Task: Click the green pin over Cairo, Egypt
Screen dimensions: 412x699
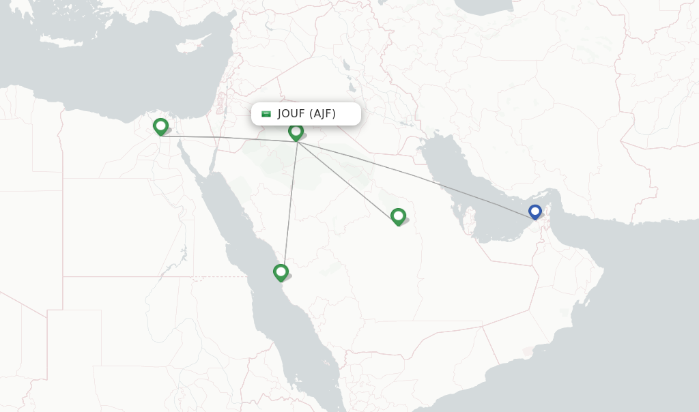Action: click(160, 126)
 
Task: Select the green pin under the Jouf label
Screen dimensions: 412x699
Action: click(296, 131)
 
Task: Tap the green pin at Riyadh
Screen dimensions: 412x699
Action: click(398, 216)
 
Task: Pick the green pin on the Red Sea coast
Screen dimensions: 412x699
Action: click(281, 272)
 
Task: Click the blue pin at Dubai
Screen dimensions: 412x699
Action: click(535, 212)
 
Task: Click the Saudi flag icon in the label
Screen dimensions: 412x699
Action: click(266, 114)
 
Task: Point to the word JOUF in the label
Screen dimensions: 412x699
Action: click(291, 114)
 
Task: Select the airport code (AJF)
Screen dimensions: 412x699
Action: click(322, 114)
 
